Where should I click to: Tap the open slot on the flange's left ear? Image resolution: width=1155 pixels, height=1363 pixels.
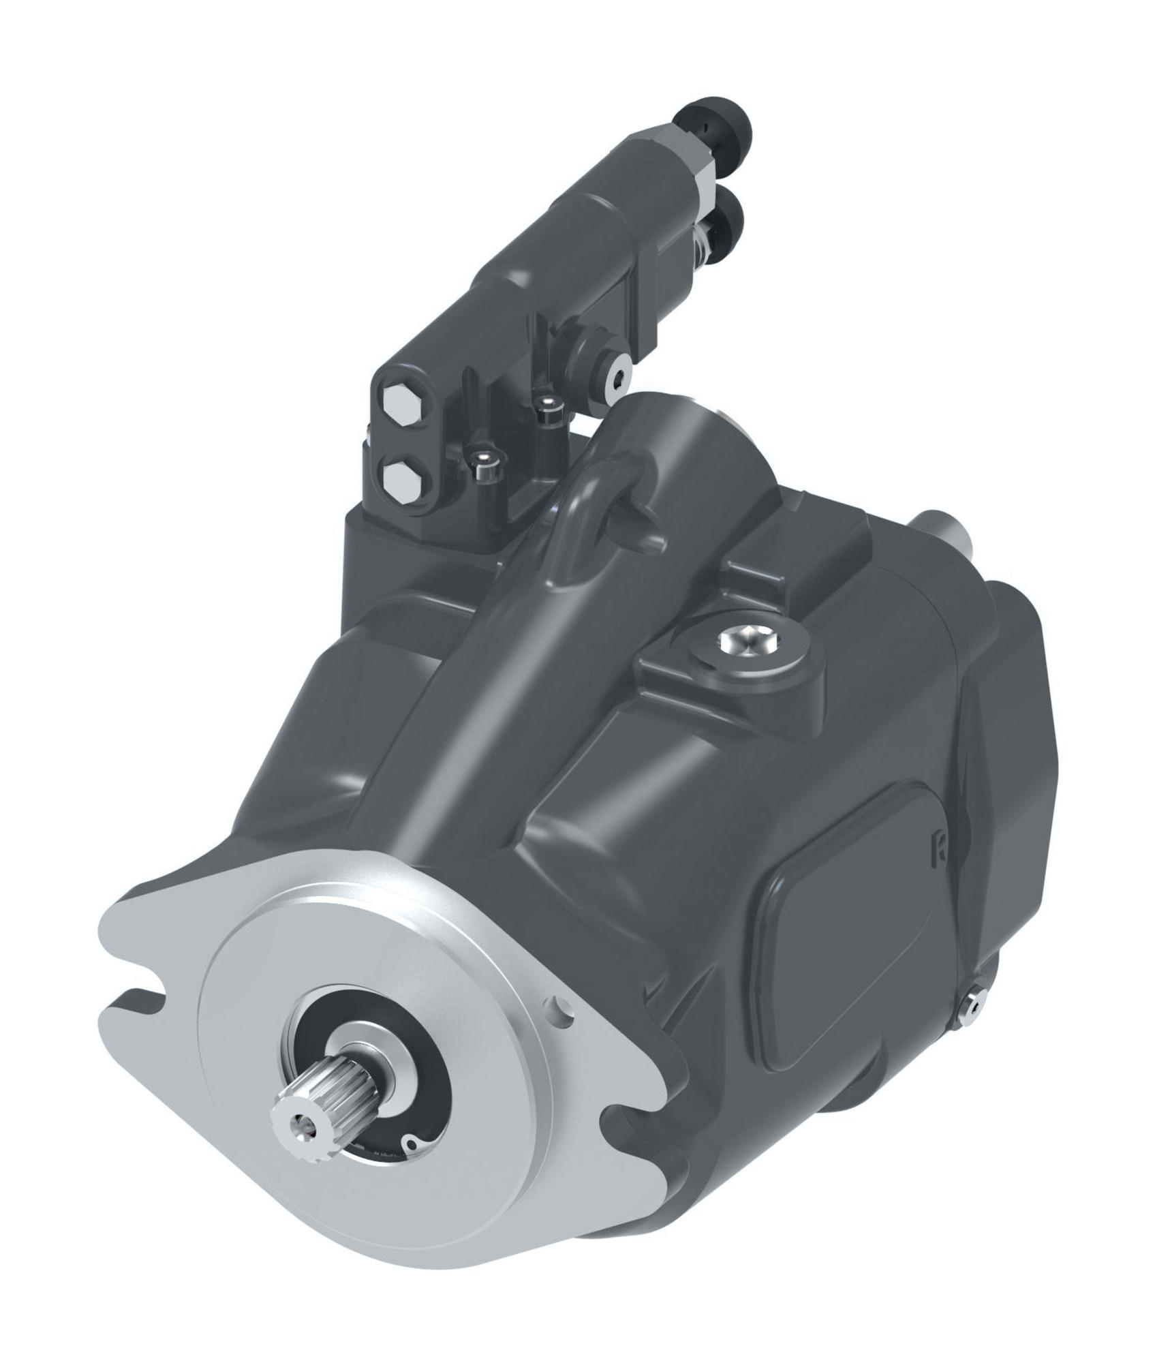coord(140,997)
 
